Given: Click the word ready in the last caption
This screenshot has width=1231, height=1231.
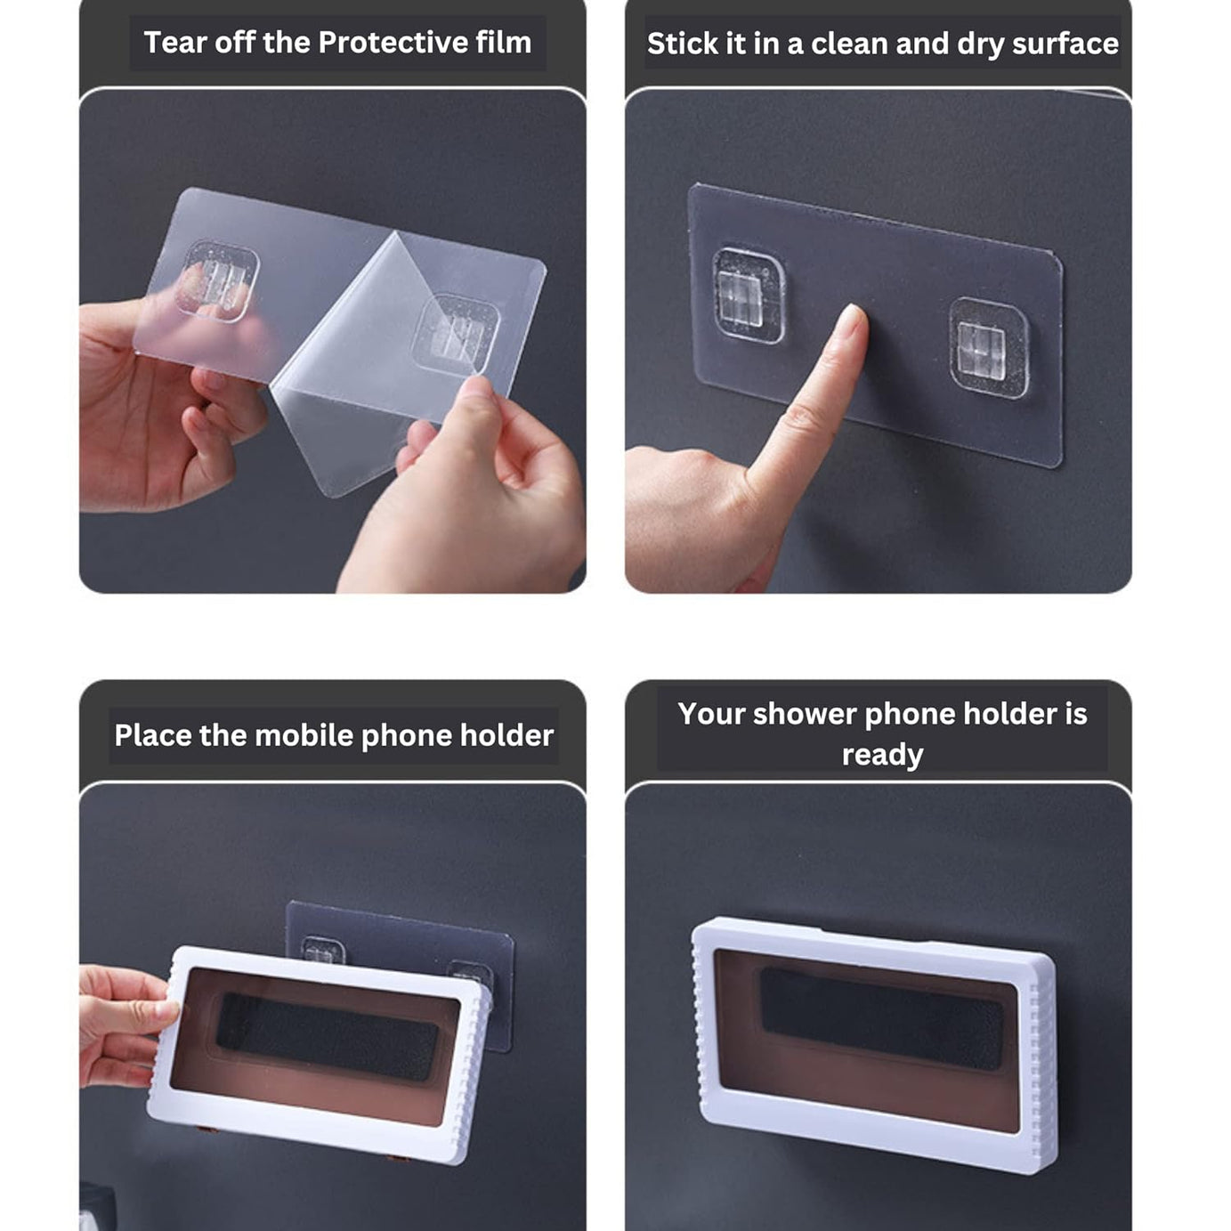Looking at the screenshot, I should pos(882,755).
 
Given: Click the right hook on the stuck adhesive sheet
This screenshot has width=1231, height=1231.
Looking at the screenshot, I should pos(988,348).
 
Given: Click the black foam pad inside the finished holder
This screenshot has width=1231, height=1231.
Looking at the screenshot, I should pos(881,1018).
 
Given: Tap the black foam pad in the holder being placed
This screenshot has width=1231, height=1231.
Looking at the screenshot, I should pos(327,1036).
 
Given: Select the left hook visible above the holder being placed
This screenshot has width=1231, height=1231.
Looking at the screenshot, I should pos(322,951).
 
